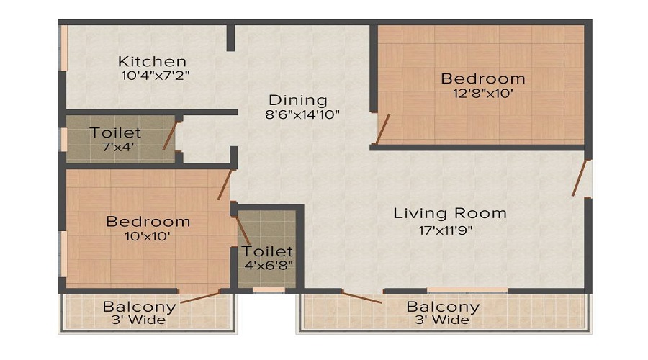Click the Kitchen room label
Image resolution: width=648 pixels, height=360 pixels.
(153, 61)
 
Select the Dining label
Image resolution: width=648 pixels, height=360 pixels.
(298, 100)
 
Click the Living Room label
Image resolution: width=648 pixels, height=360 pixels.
(450, 213)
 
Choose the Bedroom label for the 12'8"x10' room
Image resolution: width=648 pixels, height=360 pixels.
(483, 78)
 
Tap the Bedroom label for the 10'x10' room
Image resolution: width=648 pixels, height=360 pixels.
(148, 221)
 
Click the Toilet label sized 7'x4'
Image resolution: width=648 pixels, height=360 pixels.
(115, 133)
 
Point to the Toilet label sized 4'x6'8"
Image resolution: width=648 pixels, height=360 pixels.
(267, 251)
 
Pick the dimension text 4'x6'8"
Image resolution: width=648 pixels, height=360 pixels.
(267, 264)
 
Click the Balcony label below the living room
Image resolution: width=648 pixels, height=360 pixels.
(443, 306)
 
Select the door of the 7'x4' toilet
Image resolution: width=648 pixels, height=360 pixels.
(170, 135)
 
